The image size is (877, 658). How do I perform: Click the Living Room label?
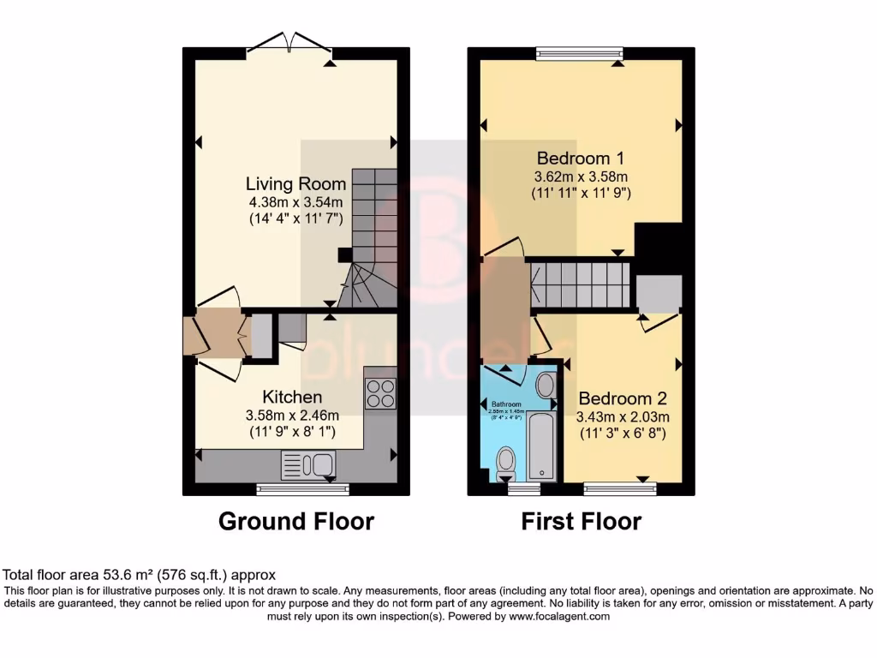(295, 183)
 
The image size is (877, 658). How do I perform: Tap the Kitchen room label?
(292, 397)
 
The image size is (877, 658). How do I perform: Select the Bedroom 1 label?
(580, 158)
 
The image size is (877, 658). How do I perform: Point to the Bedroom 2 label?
(622, 398)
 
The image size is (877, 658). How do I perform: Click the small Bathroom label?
(506, 404)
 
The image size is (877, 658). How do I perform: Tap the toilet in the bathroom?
(506, 465)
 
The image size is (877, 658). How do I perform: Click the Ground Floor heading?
(296, 521)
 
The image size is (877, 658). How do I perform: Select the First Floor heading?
(581, 521)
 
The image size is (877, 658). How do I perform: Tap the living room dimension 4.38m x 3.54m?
(295, 202)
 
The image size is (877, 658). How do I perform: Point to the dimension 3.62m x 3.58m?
(580, 176)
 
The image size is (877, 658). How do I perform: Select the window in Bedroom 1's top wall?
(580, 53)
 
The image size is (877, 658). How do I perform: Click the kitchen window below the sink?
(303, 489)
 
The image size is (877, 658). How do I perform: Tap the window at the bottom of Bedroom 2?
(620, 489)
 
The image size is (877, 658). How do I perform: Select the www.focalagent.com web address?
(559, 616)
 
